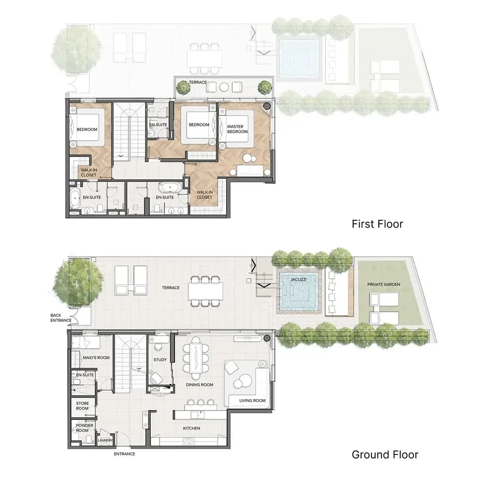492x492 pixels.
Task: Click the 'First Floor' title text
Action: pyautogui.click(x=377, y=224)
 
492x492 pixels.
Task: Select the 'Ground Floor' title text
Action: pyautogui.click(x=385, y=454)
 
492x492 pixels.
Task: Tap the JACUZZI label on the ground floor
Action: pyautogui.click(x=298, y=279)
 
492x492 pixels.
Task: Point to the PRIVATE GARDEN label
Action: pyautogui.click(x=384, y=284)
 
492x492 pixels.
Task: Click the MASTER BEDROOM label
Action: pyautogui.click(x=238, y=129)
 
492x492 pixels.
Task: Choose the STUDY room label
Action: pyautogui.click(x=160, y=360)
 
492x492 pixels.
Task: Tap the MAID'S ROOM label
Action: pyautogui.click(x=96, y=357)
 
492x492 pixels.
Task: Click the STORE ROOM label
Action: pyautogui.click(x=82, y=406)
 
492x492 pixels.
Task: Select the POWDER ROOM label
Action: pyautogui.click(x=84, y=428)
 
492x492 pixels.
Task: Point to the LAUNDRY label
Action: pyautogui.click(x=105, y=440)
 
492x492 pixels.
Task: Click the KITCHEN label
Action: pyautogui.click(x=191, y=428)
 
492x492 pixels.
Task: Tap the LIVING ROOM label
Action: pyautogui.click(x=252, y=401)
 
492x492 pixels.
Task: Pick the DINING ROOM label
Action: pyautogui.click(x=200, y=385)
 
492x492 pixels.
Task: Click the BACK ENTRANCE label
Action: pyautogui.click(x=61, y=318)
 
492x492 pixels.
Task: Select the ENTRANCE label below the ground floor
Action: pyautogui.click(x=124, y=454)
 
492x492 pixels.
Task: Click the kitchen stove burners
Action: pyautogui.click(x=189, y=442)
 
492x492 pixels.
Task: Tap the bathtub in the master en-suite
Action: pyautogui.click(x=170, y=188)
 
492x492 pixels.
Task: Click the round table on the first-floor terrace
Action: pyautogui.click(x=224, y=87)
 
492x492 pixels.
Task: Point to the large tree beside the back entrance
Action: pyautogui.click(x=77, y=282)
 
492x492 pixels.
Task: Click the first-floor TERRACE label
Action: pyautogui.click(x=198, y=82)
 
